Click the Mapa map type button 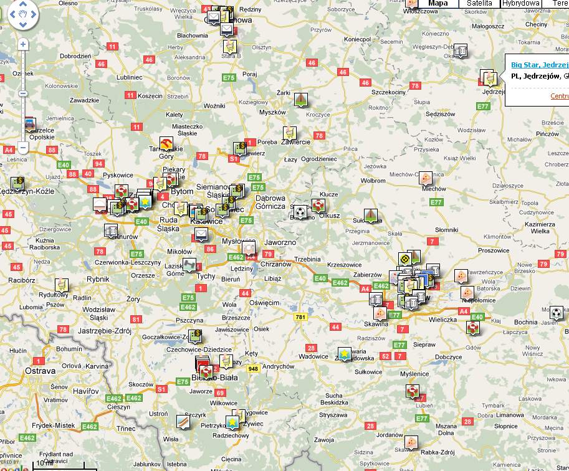pos(438,4)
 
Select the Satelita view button pos(479,4)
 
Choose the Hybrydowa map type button pos(520,4)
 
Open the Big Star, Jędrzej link pos(540,65)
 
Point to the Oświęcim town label pos(264,302)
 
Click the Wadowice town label pos(313,356)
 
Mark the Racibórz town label pos(22,280)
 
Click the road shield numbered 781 pos(301,317)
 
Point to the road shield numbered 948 pos(252,368)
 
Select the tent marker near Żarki pos(301,99)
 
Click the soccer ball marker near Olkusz pos(300,212)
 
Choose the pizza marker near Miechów pos(425,178)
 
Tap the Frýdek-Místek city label pos(56,426)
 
